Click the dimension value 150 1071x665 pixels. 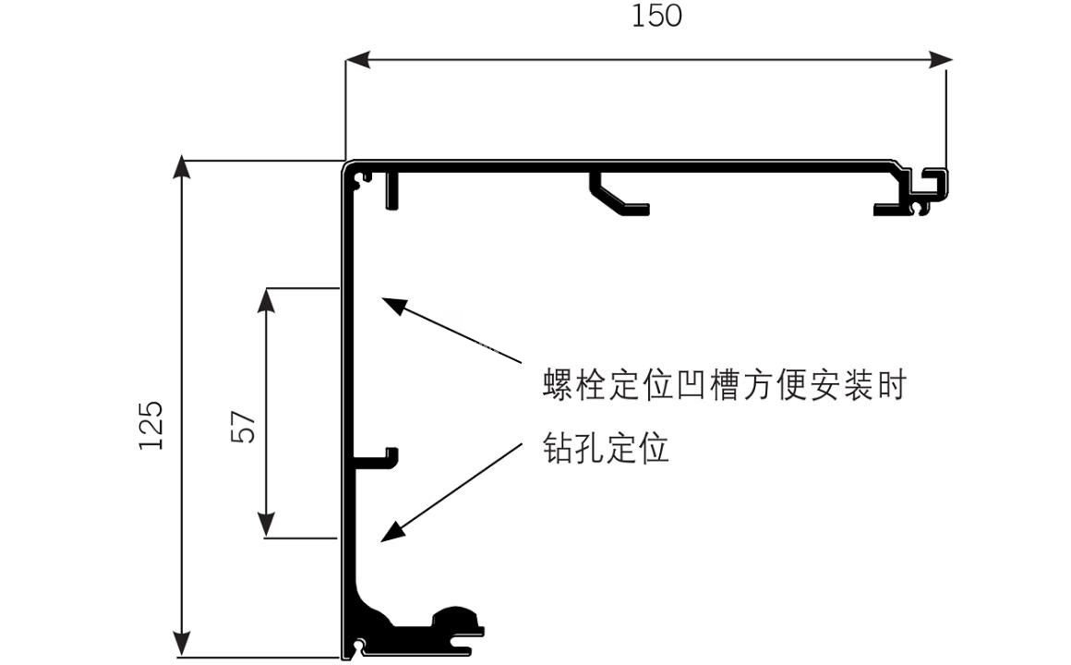pos(656,16)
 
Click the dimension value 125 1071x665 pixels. pos(151,425)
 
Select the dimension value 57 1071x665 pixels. pos(242,426)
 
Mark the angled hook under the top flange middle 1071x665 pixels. pos(617,197)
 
